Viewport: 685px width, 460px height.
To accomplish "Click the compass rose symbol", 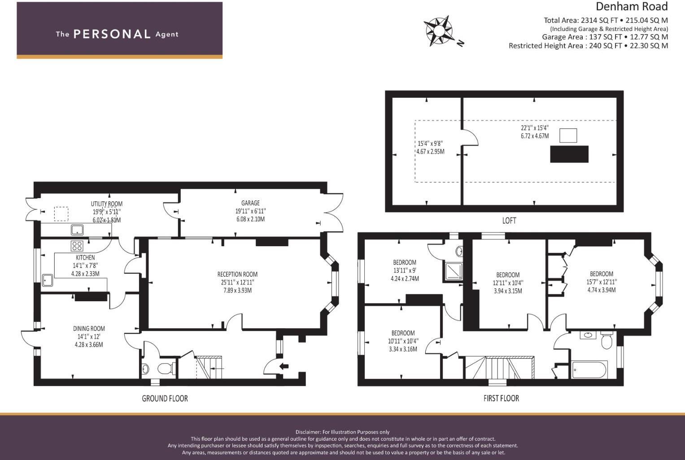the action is (x=438, y=31).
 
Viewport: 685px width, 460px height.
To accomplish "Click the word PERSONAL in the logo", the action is (x=112, y=34).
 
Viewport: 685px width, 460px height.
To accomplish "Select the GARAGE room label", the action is (x=250, y=203).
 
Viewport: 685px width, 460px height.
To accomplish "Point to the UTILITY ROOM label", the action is (x=106, y=204).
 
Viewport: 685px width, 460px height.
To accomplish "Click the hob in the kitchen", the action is (x=77, y=246).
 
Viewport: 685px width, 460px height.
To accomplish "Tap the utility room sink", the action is (x=77, y=230).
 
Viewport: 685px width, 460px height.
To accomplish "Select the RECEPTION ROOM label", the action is (x=237, y=274).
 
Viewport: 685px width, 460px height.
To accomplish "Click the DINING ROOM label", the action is (x=89, y=329).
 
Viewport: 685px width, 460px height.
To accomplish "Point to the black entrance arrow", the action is (x=284, y=366).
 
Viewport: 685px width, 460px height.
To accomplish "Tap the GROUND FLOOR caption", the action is (x=165, y=398).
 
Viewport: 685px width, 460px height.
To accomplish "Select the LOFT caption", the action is (x=509, y=221).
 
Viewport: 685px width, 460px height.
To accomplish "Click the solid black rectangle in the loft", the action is (x=569, y=154).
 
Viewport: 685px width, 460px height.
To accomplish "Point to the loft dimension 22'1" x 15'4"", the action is (x=535, y=128).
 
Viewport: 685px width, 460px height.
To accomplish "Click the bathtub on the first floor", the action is (x=589, y=370).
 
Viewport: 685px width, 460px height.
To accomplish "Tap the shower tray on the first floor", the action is (x=454, y=272).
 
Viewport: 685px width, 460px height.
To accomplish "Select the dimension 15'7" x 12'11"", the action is (x=602, y=282).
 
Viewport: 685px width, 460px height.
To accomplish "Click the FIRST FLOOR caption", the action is (x=501, y=398).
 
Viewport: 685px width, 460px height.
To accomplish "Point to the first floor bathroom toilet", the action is (x=606, y=340).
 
